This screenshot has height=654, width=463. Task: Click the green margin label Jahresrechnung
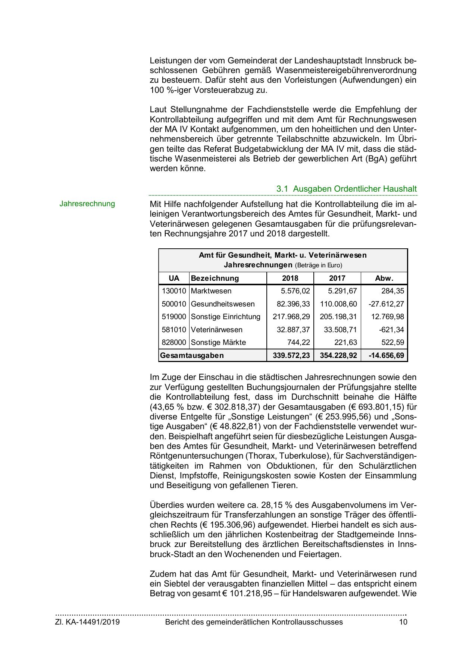pos(87,204)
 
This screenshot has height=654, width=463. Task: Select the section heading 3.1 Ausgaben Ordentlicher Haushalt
pos(346,189)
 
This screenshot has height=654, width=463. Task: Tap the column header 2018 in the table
pos(290,278)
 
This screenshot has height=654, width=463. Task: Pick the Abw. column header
pos(384,278)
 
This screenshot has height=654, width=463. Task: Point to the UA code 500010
pos(173,304)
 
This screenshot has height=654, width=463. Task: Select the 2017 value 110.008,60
pos(338,304)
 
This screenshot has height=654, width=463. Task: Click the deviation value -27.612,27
pos(386,304)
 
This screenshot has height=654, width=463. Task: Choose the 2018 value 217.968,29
pos(291,317)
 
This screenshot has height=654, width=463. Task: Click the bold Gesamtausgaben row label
pos(192,355)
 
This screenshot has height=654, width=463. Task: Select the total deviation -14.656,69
pos(386,355)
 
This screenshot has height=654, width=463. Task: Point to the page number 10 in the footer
pos(403,622)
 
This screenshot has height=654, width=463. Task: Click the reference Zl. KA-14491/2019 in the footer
pos(88,622)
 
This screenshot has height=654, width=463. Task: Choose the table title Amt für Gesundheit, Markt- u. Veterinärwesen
pos(282,255)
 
